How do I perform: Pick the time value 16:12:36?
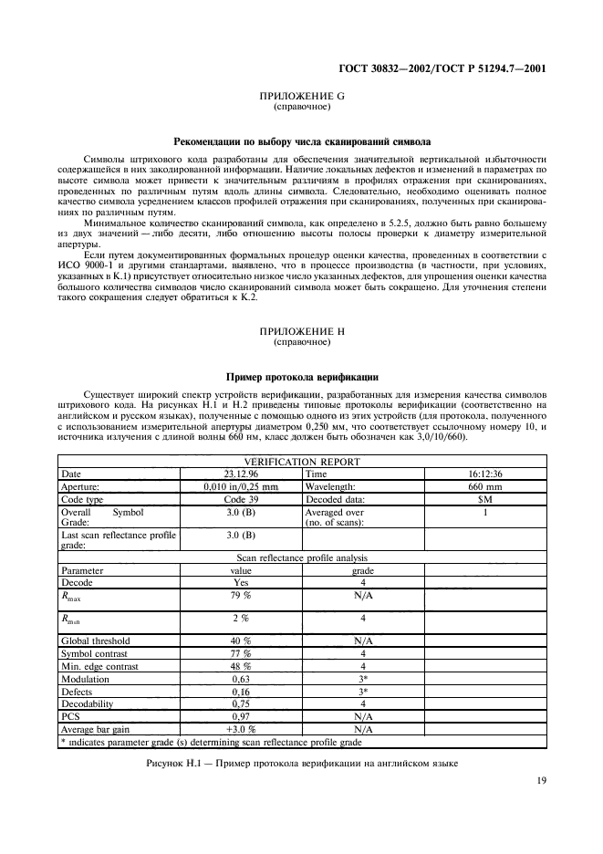click(x=485, y=474)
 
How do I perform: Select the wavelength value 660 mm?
click(x=485, y=487)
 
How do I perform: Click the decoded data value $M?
click(x=485, y=500)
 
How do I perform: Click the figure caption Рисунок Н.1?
click(x=301, y=762)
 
